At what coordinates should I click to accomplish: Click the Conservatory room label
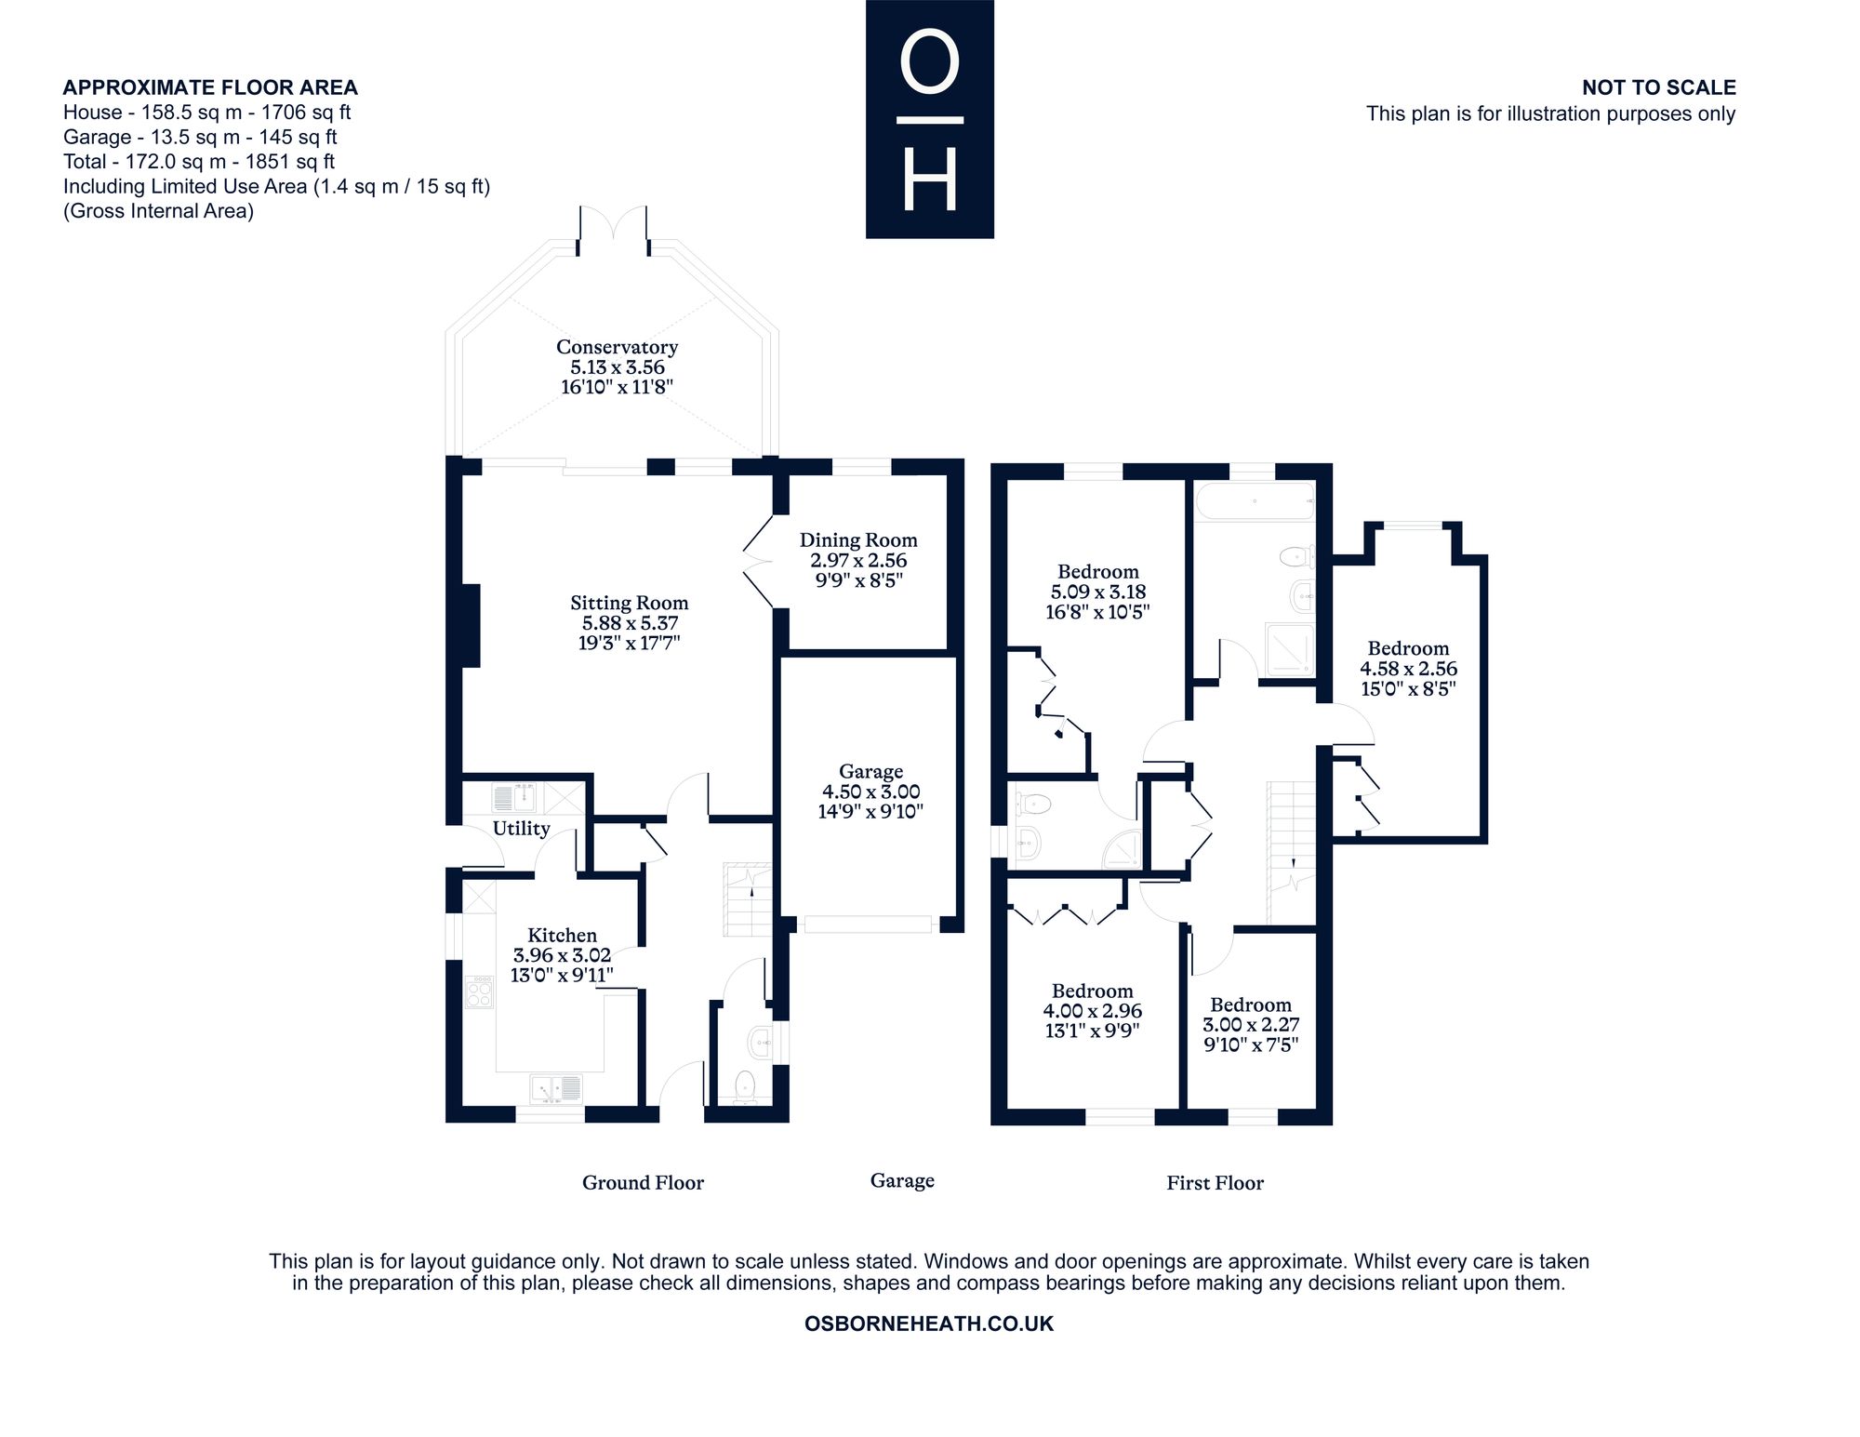coord(617,347)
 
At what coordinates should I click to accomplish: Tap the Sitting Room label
coord(629,603)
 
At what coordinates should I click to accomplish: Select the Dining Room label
coord(858,540)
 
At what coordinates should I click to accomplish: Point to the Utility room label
coord(521,828)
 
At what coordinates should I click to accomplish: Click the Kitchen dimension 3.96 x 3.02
coord(562,955)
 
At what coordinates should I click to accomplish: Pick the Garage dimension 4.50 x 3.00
coord(870,792)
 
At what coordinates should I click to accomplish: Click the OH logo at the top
coord(930,119)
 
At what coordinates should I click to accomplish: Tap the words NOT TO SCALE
coord(1659,87)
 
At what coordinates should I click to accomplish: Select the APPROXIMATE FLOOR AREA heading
coord(210,87)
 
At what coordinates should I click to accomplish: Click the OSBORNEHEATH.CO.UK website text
coord(929,1324)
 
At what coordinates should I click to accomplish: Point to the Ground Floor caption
coord(643,1182)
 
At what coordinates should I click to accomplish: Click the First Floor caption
coord(1215,1182)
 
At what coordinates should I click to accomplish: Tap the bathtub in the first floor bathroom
coord(1254,501)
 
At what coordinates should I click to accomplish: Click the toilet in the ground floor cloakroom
coord(745,1086)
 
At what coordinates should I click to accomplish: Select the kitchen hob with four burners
coord(479,991)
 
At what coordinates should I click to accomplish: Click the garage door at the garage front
coord(868,924)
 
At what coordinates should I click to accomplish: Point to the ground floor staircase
coord(748,899)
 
